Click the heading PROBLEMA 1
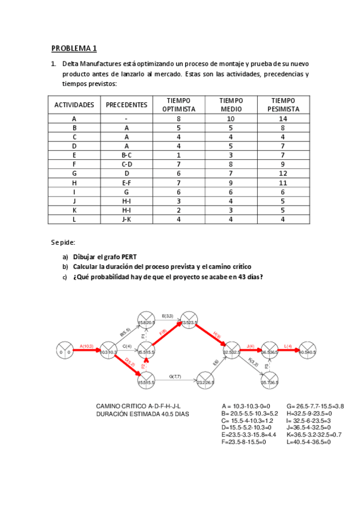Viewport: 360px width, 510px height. [74, 48]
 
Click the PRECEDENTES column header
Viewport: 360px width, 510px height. [126, 105]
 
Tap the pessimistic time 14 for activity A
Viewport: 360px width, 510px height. [284, 119]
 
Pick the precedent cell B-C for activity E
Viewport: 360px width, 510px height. [126, 155]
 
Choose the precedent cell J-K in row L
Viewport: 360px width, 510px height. [126, 219]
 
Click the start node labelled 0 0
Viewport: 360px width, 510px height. [64, 351]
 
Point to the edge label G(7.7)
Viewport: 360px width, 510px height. [175, 376]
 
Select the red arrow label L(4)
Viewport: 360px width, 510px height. [288, 346]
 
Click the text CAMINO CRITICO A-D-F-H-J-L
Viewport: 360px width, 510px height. [138, 407]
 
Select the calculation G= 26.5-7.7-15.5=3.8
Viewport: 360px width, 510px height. [315, 406]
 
